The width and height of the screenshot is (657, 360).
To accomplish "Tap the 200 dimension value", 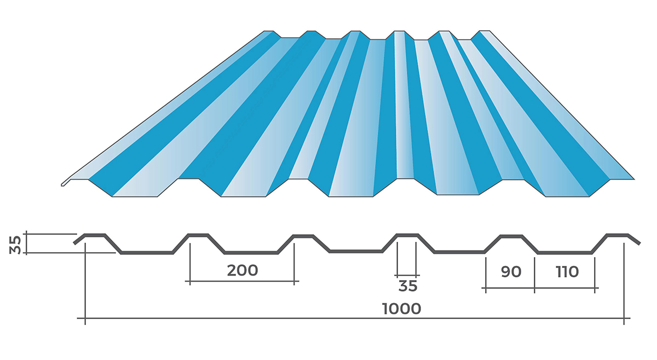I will pyautogui.click(x=242, y=270).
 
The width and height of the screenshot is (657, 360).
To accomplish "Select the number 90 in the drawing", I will pyautogui.click(x=510, y=271).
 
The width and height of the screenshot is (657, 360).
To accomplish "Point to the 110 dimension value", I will pyautogui.click(x=567, y=271).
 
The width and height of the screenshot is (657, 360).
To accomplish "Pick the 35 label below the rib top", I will pyautogui.click(x=407, y=286).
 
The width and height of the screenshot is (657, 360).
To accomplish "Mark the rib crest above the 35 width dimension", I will pyautogui.click(x=406, y=235).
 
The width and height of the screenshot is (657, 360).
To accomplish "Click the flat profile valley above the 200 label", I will pyautogui.click(x=251, y=253).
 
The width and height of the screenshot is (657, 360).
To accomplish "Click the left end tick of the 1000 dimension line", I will pyautogui.click(x=85, y=318).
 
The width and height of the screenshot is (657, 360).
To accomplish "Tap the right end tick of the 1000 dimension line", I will pyautogui.click(x=624, y=318).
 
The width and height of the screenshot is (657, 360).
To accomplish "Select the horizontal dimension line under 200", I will pyautogui.click(x=242, y=282).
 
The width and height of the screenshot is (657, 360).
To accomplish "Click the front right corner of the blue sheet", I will pyautogui.click(x=634, y=178).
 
